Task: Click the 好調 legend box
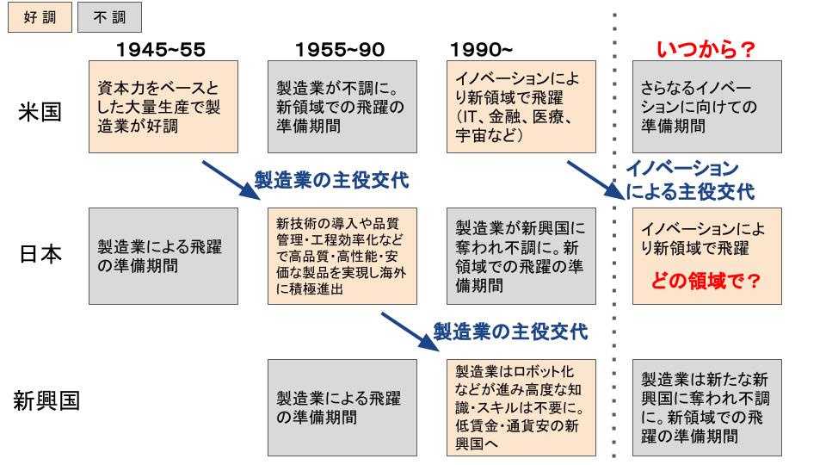pyautogui.click(x=40, y=17)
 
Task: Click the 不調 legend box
pyautogui.click(x=109, y=17)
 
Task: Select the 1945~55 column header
pyautogui.click(x=161, y=50)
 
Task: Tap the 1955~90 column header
pyautogui.click(x=340, y=50)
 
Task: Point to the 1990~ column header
pyautogui.click(x=481, y=50)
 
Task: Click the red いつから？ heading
pyautogui.click(x=706, y=50)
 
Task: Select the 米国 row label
pyautogui.click(x=40, y=112)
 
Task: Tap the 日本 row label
pyautogui.click(x=40, y=254)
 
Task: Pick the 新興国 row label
pyautogui.click(x=46, y=400)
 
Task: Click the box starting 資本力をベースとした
pyautogui.click(x=163, y=107)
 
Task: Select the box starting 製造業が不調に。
pyautogui.click(x=342, y=107)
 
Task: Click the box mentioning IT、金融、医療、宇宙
pyautogui.click(x=521, y=107)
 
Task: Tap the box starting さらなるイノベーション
pyautogui.click(x=707, y=107)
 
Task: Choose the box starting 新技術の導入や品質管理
pyautogui.click(x=342, y=257)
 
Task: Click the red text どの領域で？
pyautogui.click(x=706, y=281)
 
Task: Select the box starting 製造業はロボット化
pyautogui.click(x=521, y=407)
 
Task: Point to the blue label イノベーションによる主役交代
pyautogui.click(x=690, y=180)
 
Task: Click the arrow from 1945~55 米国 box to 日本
pyautogui.click(x=231, y=180)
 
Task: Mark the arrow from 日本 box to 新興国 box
pyautogui.click(x=410, y=332)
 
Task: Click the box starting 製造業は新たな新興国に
pyautogui.click(x=707, y=407)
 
